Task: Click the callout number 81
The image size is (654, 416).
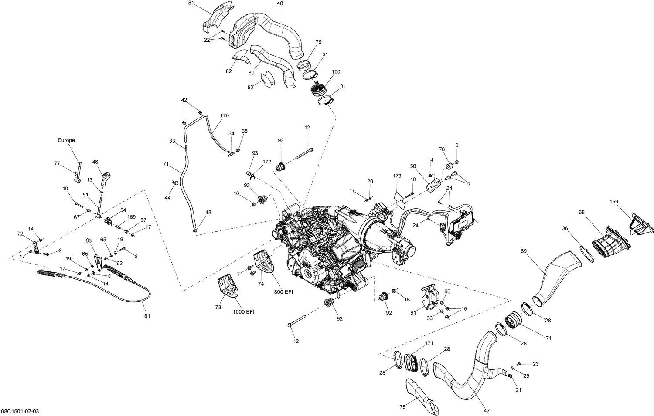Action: pos(191,3)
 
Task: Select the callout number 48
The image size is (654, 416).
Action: pos(279,3)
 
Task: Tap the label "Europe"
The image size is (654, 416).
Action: pos(66,140)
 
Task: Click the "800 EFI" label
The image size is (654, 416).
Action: pos(283,292)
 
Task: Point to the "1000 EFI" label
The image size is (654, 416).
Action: pos(244,312)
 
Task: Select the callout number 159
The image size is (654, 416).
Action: pos(614,202)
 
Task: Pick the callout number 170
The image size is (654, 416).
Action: pos(224,116)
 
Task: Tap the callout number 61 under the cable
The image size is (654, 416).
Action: pos(147,315)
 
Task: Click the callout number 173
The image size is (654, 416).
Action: pos(397,176)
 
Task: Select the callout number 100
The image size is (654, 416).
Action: pos(336,72)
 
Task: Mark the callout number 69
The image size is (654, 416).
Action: pos(524,251)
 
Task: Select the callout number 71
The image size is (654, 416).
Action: pos(166,164)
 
